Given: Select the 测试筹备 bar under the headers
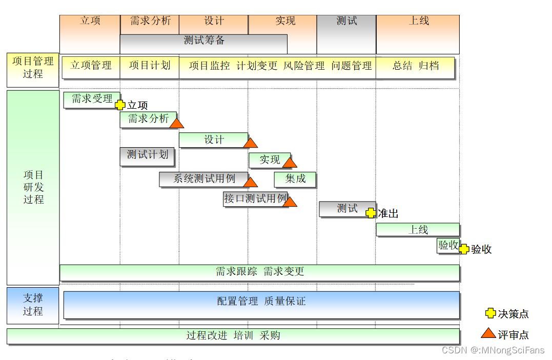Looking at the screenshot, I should click(x=203, y=41).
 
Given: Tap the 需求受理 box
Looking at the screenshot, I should click(x=92, y=99).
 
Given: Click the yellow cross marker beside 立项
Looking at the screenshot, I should click(x=120, y=105).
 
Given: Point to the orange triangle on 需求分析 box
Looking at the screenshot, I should click(x=177, y=123).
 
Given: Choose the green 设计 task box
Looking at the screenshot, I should click(x=213, y=139).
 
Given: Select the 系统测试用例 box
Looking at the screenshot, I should click(x=203, y=179).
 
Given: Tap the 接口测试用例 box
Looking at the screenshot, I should click(x=255, y=198).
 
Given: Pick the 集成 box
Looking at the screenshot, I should click(x=295, y=179).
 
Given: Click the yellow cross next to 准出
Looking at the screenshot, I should click(x=371, y=213).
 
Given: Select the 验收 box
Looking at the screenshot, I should click(x=447, y=246).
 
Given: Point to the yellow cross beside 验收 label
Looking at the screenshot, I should click(x=464, y=249).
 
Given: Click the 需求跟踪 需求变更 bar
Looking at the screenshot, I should click(x=259, y=272).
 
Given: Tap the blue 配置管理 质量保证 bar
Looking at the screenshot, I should click(x=261, y=304).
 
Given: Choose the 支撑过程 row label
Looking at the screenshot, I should click(x=33, y=305).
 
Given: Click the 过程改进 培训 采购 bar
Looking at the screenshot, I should click(x=233, y=336).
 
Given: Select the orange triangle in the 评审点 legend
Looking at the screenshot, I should click(x=488, y=333).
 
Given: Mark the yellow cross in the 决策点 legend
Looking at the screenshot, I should click(x=490, y=313).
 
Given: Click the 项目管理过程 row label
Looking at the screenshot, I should click(x=33, y=68).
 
